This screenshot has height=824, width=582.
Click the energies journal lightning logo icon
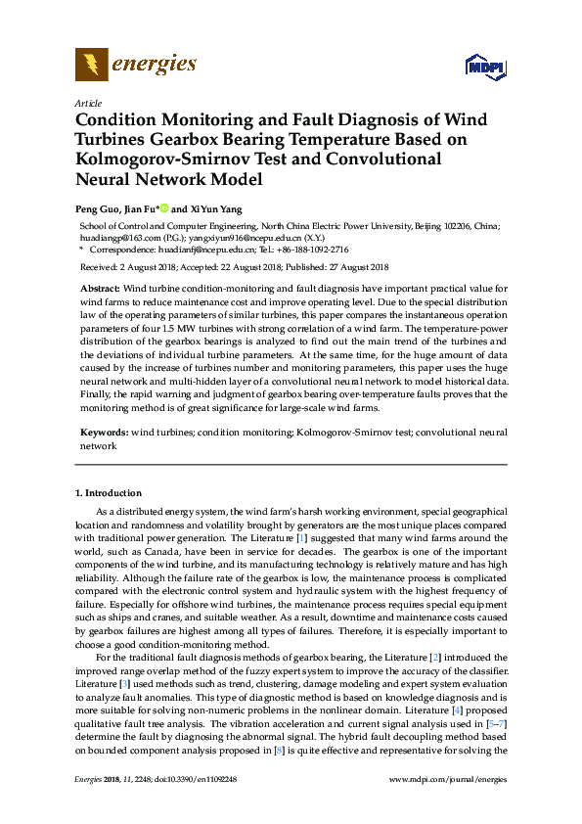[91, 65]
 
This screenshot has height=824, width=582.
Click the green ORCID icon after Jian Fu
[163, 208]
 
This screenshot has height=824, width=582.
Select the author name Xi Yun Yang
[216, 208]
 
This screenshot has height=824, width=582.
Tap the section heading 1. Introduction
[110, 492]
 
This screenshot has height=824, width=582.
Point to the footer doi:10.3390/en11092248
[193, 779]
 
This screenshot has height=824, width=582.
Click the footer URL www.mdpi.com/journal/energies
[448, 779]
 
